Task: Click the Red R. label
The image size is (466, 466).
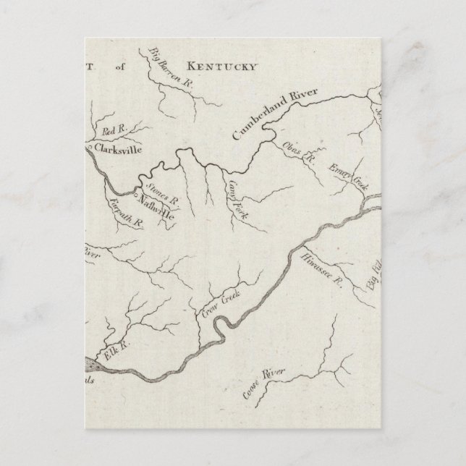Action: point(115,130)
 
